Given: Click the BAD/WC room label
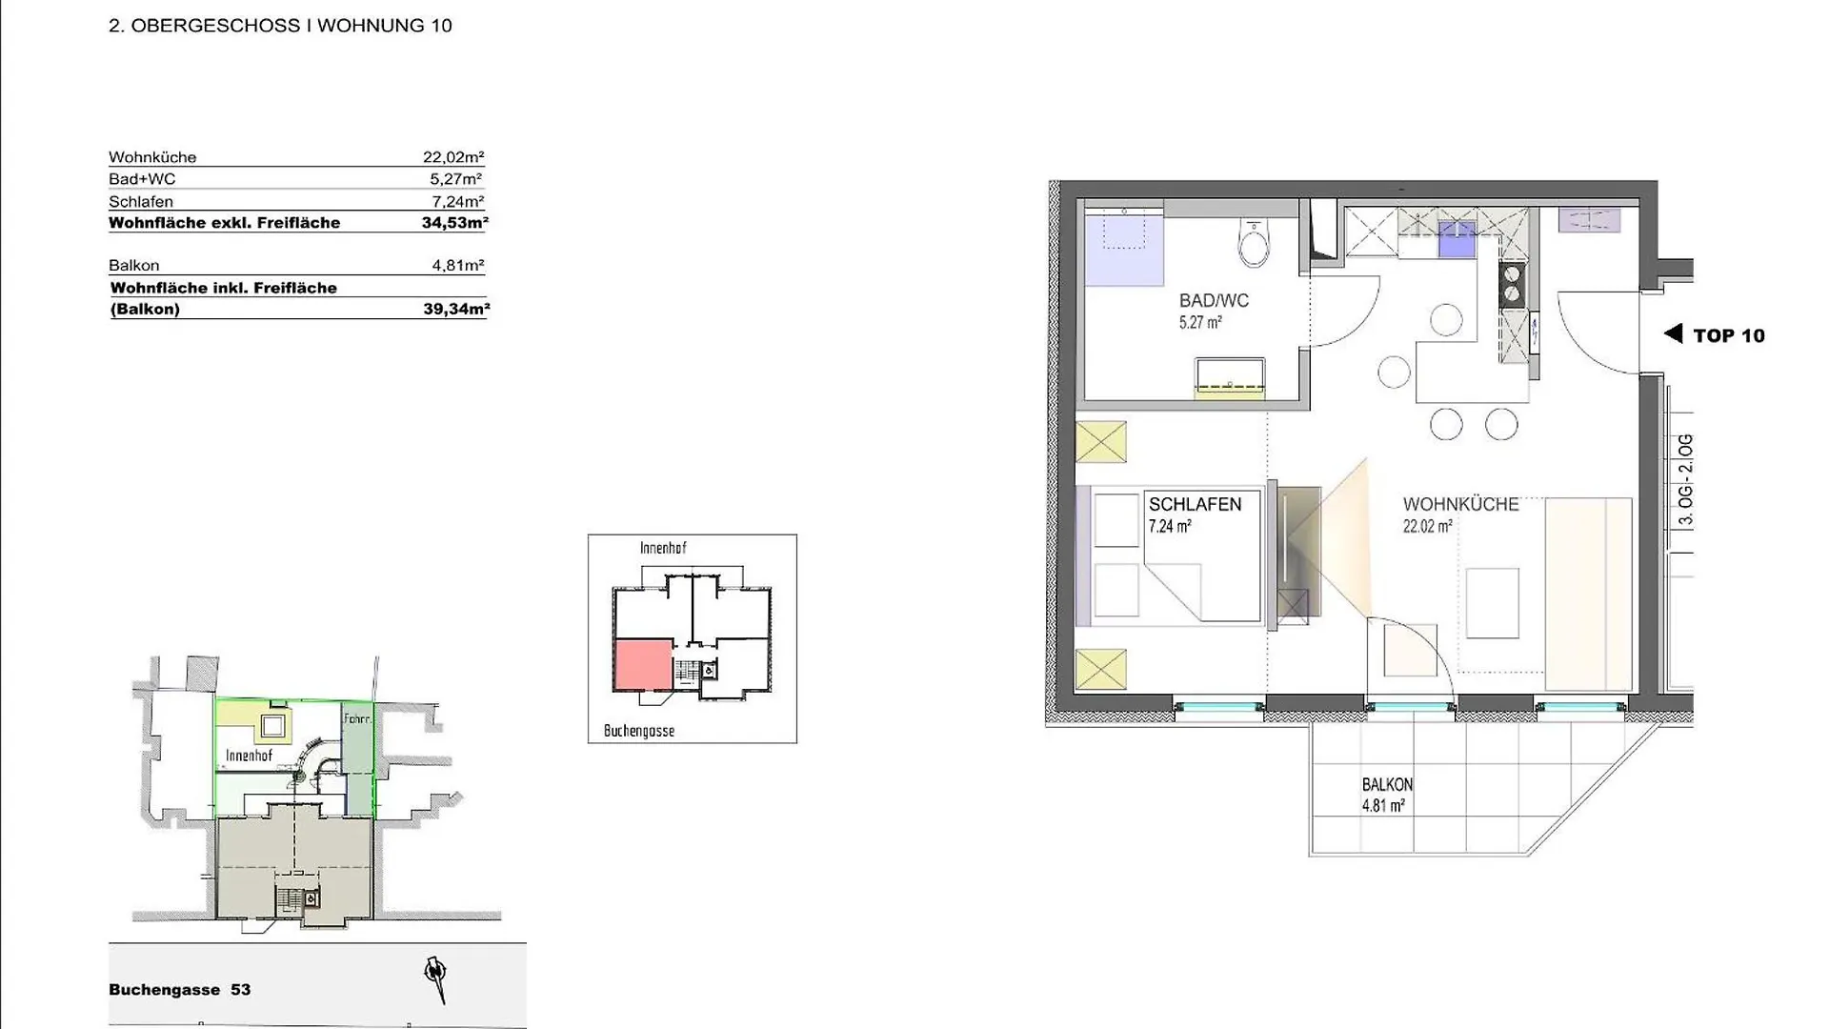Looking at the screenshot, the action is coord(1214,301).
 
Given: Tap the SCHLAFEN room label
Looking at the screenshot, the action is coord(1195,505).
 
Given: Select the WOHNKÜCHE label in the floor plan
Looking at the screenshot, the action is coord(1460,505).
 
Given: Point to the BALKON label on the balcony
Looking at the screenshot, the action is coord(1387,785).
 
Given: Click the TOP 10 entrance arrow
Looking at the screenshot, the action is coord(1673,333).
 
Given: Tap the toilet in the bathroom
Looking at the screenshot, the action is coord(1254,243).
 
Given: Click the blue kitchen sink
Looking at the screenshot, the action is coord(1456,239).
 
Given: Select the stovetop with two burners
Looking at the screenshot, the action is coord(1512,283).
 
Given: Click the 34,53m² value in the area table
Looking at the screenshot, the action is coord(454,223).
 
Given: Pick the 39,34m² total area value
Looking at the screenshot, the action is coord(456,309).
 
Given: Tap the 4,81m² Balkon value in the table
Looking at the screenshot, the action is coord(458,266).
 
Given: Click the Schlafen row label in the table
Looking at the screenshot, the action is coord(141,202).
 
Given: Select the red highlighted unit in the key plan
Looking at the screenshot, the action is coord(644,665).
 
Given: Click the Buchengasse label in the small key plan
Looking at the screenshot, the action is coord(639,731).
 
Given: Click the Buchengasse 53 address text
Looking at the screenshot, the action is coord(180,990).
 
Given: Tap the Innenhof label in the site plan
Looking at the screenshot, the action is coord(249,756).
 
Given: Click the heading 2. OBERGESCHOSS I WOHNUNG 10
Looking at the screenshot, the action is coord(280,26).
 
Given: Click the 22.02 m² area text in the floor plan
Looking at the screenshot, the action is coord(1427,526).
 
